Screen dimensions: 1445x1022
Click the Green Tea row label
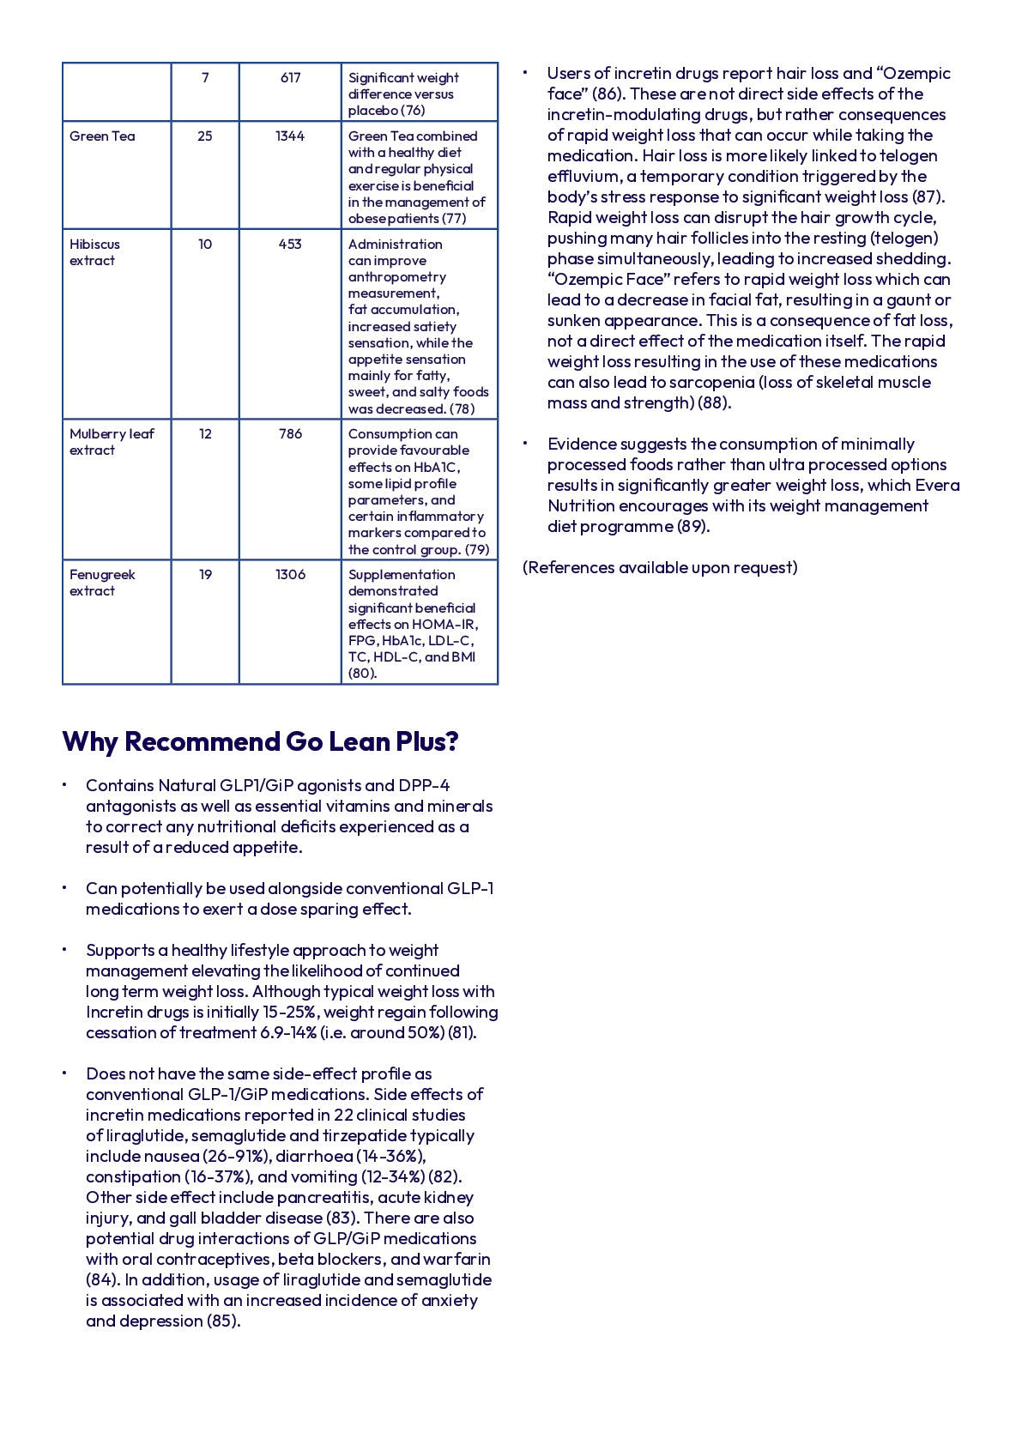pos(102,136)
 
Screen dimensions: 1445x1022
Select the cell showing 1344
pos(290,136)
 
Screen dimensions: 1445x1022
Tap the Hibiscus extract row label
pos(94,252)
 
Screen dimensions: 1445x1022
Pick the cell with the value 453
pos(290,245)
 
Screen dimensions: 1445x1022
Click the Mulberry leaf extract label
pos(112,442)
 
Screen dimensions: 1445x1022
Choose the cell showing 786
pos(290,434)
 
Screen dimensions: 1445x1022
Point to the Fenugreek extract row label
pos(102,583)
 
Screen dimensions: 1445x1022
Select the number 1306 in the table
pos(290,575)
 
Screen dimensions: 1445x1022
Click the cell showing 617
pos(290,78)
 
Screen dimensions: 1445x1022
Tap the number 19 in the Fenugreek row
pos(205,575)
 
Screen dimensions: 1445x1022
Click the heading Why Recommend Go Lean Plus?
pos(260,741)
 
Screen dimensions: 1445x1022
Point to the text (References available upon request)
pos(660,567)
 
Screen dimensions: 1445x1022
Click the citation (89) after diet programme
pos(693,526)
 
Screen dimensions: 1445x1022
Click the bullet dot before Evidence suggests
pos(524,444)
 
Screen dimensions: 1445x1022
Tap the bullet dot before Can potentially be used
pos(63,888)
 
